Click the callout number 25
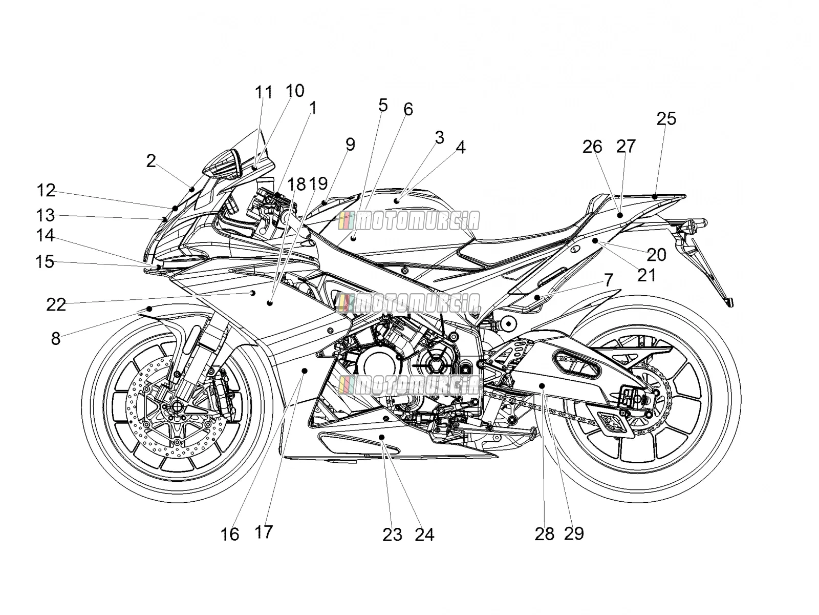[666, 119]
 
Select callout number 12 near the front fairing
[46, 191]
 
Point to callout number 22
[56, 305]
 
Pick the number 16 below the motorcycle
[230, 535]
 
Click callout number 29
[574, 533]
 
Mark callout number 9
[350, 144]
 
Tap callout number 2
[150, 161]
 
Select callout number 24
[425, 535]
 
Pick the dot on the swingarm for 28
[542, 385]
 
